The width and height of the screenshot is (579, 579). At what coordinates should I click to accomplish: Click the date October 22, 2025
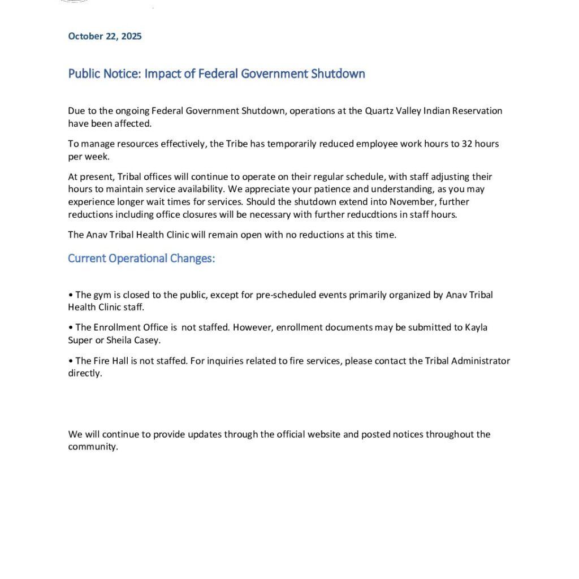[x=105, y=36]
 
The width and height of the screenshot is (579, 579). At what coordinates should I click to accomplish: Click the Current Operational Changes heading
[x=141, y=258]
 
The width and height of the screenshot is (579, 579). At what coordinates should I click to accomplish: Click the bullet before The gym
[x=70, y=295]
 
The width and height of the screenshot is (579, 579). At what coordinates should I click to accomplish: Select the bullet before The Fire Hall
[x=70, y=361]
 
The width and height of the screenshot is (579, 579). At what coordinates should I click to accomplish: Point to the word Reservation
[x=476, y=111]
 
